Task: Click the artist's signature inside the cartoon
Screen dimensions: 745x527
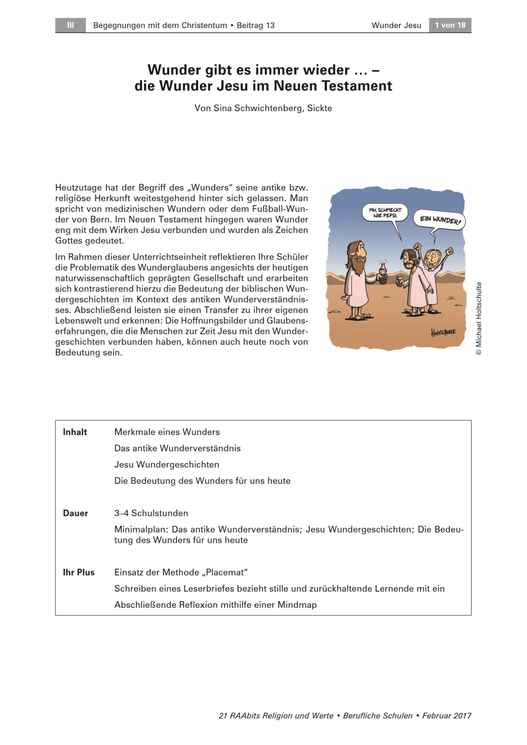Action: click(x=443, y=332)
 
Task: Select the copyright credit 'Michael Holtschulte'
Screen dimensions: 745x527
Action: click(x=479, y=318)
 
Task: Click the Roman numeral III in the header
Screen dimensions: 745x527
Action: click(x=70, y=25)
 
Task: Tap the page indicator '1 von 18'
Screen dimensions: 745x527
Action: click(x=450, y=25)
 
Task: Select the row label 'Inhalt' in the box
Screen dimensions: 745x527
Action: click(x=75, y=432)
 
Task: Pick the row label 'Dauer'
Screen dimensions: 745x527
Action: click(x=76, y=513)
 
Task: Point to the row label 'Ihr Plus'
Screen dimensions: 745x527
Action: click(x=79, y=572)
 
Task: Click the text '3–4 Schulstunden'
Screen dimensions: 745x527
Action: click(x=151, y=513)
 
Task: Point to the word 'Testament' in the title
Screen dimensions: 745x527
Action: click(x=353, y=86)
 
